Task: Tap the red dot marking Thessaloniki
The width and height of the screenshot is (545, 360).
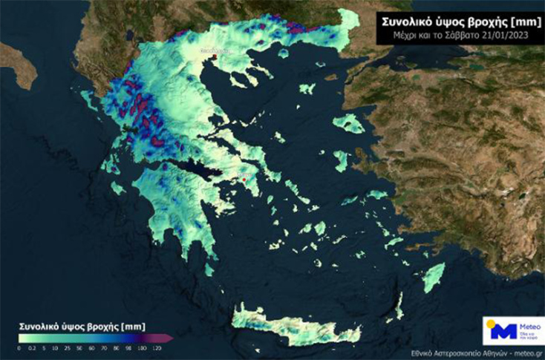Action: click(214, 56)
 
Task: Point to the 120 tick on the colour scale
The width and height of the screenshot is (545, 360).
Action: click(157, 347)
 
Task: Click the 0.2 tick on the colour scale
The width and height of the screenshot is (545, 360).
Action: click(30, 347)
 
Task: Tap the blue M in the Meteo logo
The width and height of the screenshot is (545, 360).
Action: click(498, 332)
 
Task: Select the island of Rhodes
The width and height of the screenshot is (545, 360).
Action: click(434, 278)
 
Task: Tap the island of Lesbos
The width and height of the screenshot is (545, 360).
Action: click(347, 123)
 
